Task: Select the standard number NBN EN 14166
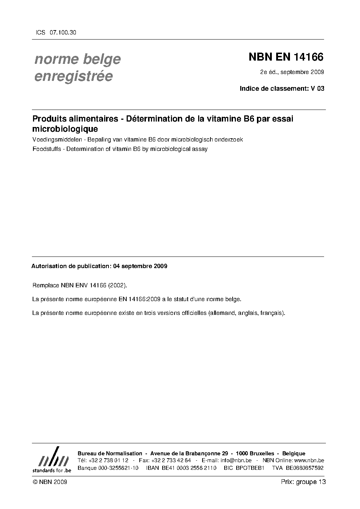click(286, 57)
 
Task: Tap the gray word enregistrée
click(73, 77)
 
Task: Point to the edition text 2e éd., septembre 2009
click(292, 72)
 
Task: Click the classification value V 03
click(317, 88)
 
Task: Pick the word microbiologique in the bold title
click(65, 129)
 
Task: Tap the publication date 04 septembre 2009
click(140, 266)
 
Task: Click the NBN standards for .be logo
click(52, 460)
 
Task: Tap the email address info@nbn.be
click(236, 460)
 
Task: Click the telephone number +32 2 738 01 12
click(108, 460)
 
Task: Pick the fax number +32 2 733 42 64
click(170, 460)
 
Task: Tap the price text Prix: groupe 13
click(303, 482)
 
